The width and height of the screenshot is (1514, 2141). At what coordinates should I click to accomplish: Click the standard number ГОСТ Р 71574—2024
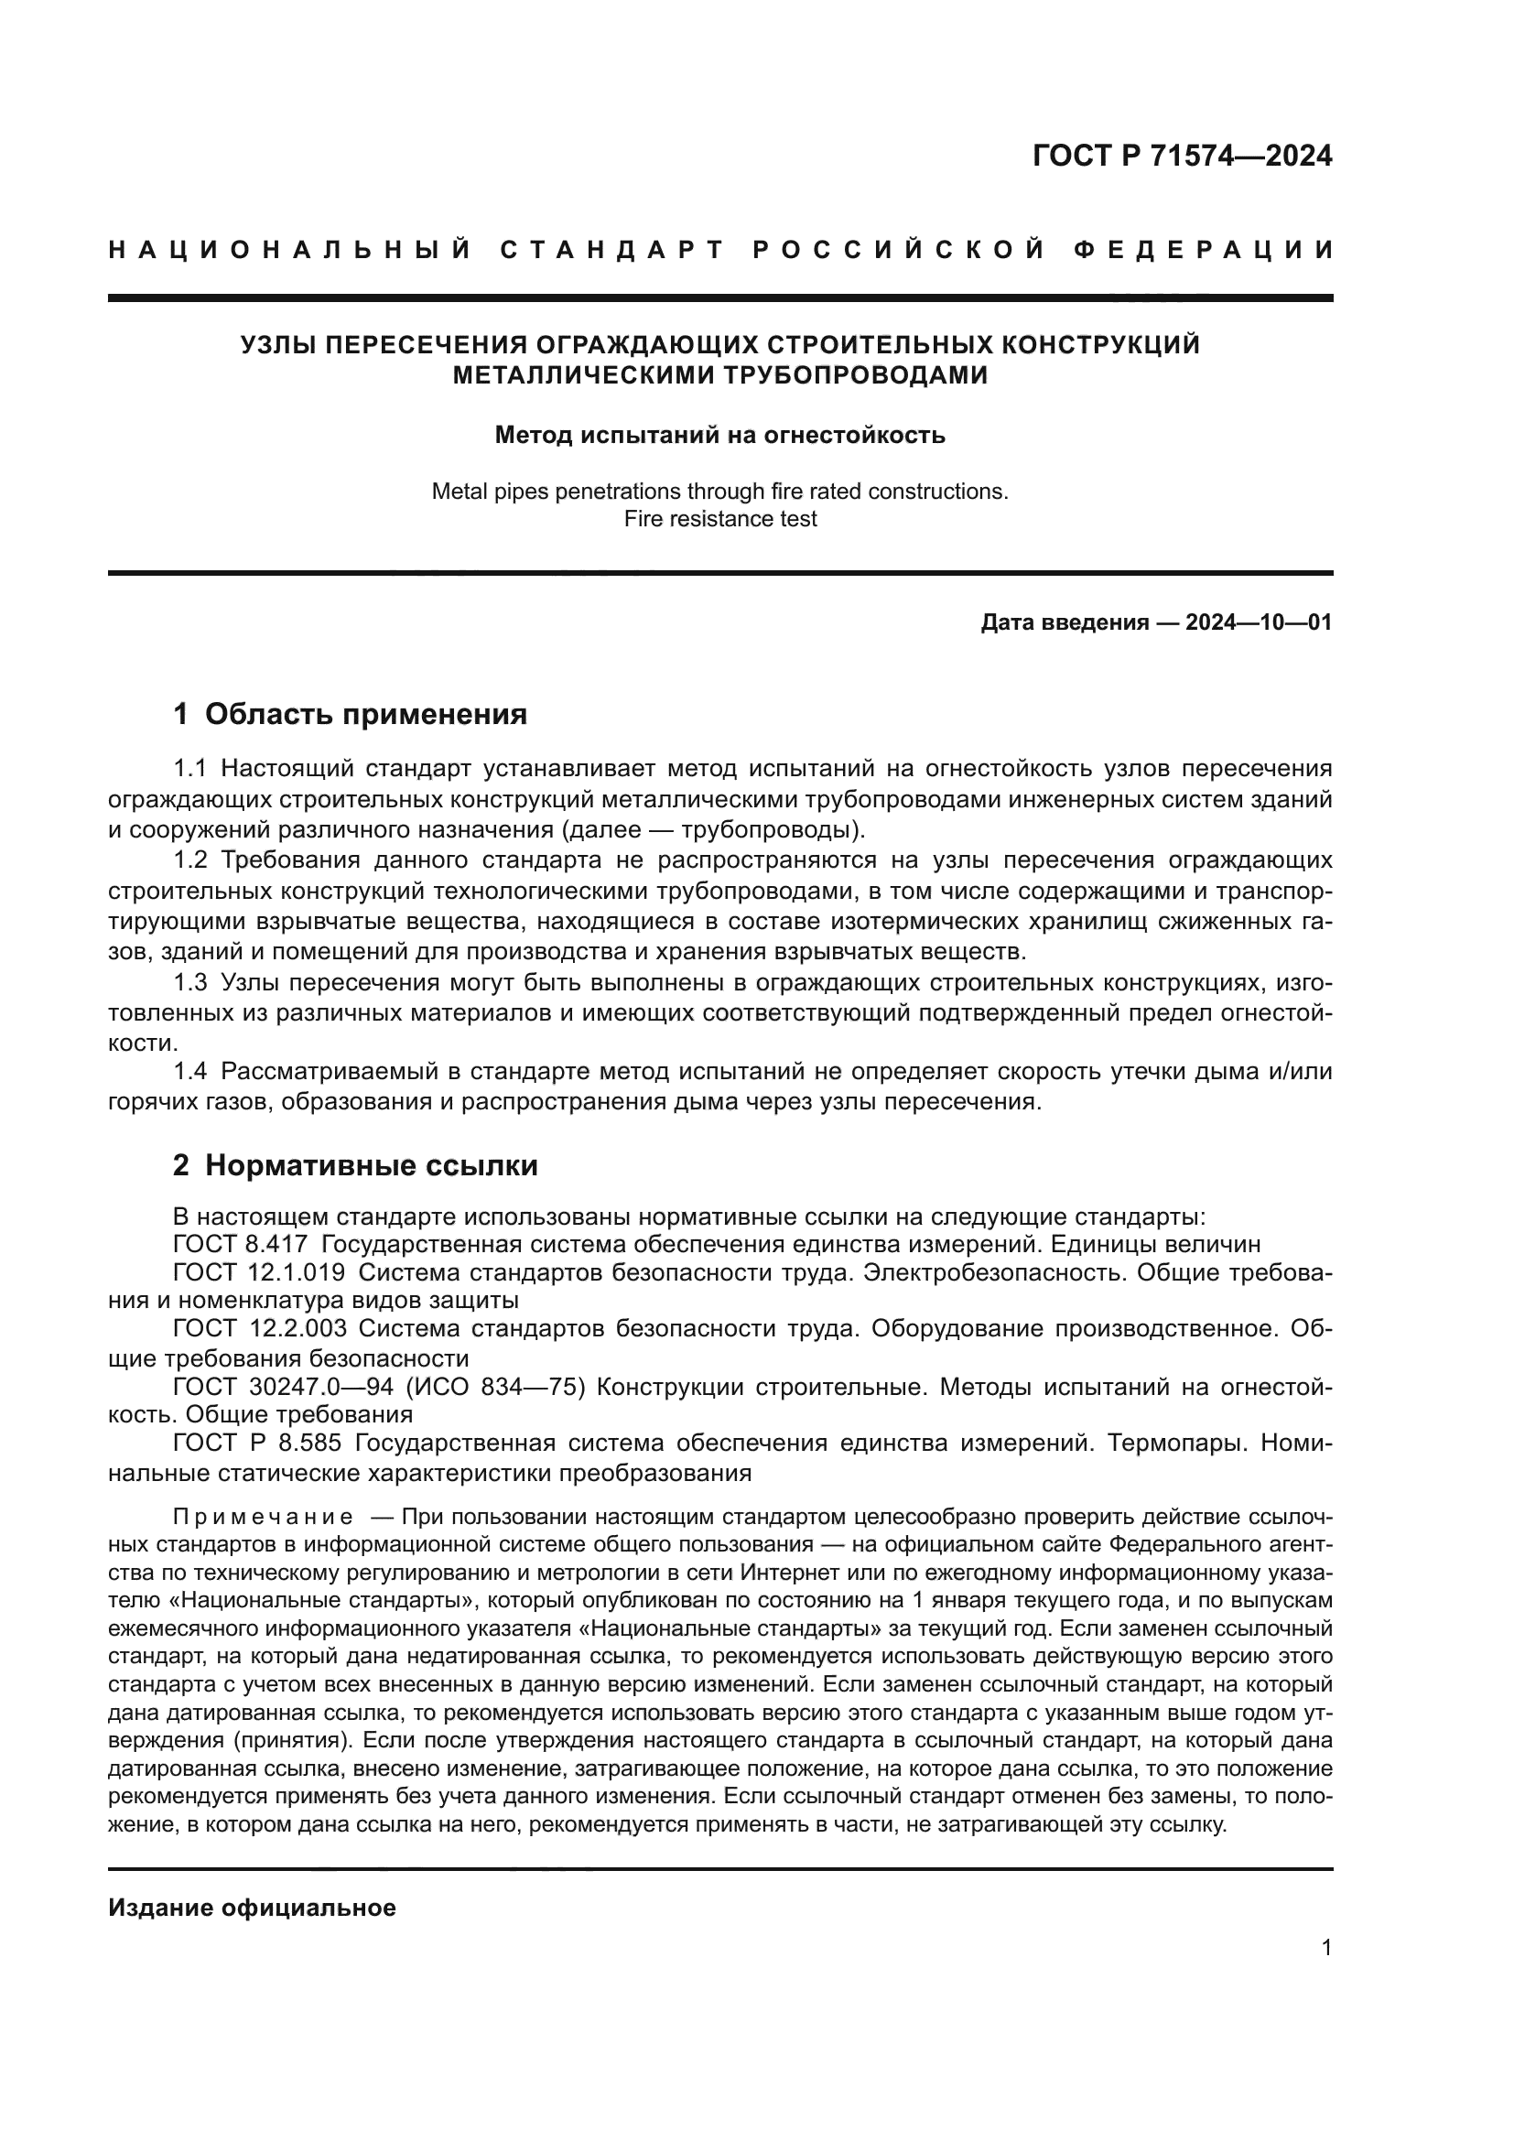[1181, 156]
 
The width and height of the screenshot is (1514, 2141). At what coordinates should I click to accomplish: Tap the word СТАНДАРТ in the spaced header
[612, 250]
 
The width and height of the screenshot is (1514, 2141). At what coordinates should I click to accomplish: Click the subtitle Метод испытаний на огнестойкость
[719, 435]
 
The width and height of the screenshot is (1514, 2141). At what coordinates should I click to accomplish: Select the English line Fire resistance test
[719, 518]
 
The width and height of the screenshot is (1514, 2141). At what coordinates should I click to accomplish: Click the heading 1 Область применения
[350, 714]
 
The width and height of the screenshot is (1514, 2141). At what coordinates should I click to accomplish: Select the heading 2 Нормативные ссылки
[355, 1165]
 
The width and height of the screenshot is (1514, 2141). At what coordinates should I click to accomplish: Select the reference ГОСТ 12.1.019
[258, 1272]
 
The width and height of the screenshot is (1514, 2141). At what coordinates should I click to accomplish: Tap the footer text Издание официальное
[252, 1908]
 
